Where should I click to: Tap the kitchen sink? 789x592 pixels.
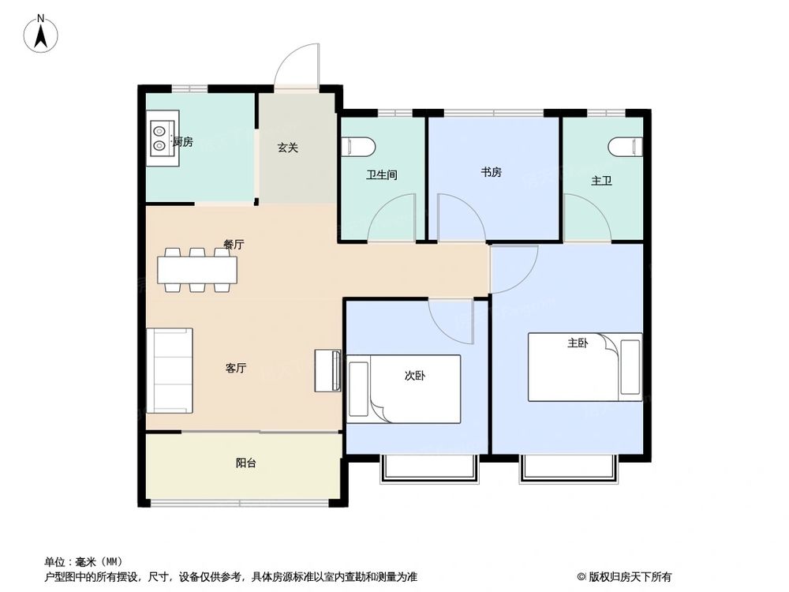pos(161,136)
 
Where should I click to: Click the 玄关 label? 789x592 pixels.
pos(287,148)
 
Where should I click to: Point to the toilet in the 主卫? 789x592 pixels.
pos(626,147)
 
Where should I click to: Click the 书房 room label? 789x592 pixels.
pos(491,173)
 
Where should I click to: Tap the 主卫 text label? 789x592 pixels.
pos(601,182)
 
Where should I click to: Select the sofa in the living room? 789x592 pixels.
pos(170,370)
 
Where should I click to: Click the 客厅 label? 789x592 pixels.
pos(236,369)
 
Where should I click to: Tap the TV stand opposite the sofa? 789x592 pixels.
pos(327,370)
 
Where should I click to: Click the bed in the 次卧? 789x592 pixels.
pos(404,389)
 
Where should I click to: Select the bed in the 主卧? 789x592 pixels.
pos(584,367)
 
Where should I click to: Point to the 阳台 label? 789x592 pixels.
pos(245,464)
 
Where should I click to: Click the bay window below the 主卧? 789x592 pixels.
pos(568,467)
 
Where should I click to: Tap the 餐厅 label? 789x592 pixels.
pos(233,245)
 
